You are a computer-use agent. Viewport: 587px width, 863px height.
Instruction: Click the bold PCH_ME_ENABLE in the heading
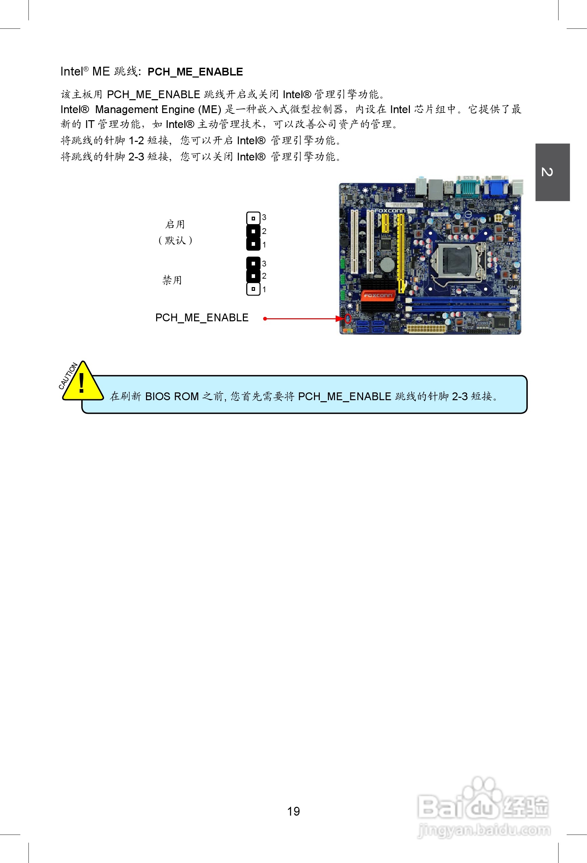(195, 72)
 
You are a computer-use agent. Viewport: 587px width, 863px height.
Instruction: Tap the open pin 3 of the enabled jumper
(253, 218)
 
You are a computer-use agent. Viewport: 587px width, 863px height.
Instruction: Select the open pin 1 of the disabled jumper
(253, 289)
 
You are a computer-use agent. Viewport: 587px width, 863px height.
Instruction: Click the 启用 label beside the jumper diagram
(175, 224)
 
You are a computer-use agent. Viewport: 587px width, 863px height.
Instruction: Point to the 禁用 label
(172, 280)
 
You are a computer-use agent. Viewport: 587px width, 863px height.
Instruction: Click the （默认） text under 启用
(175, 240)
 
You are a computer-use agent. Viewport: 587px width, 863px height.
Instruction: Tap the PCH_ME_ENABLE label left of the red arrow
(202, 318)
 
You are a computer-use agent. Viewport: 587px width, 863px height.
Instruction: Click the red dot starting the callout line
(265, 319)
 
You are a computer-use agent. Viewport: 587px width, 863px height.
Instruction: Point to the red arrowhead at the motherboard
(339, 319)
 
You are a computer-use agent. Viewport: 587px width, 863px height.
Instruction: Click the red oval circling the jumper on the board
(348, 319)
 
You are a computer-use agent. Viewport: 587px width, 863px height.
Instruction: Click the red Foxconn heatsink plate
(378, 295)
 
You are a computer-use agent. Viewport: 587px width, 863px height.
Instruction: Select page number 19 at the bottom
(293, 812)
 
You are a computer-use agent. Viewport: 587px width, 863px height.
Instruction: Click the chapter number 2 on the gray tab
(547, 172)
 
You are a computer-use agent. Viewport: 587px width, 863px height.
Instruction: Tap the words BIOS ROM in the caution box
(172, 396)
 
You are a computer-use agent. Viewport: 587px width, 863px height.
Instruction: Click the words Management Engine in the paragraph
(145, 110)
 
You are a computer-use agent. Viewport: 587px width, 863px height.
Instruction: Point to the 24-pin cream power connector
(426, 329)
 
